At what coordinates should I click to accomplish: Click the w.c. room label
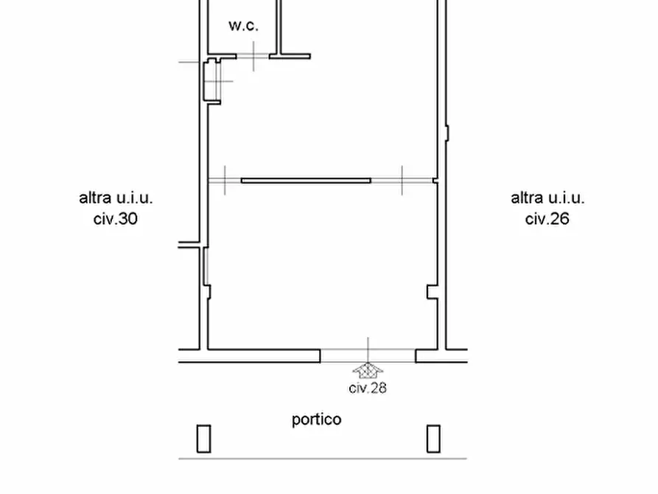243,26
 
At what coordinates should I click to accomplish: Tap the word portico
316,420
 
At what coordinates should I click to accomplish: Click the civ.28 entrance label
368,388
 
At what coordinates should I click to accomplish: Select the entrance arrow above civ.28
368,370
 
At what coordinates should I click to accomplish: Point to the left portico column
203,439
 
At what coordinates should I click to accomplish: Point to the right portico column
433,439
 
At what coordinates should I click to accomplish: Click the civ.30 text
116,219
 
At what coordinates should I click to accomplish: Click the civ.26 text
547,219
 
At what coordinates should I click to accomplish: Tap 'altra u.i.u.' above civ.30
116,198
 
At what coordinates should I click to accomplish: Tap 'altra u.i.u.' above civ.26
547,198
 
